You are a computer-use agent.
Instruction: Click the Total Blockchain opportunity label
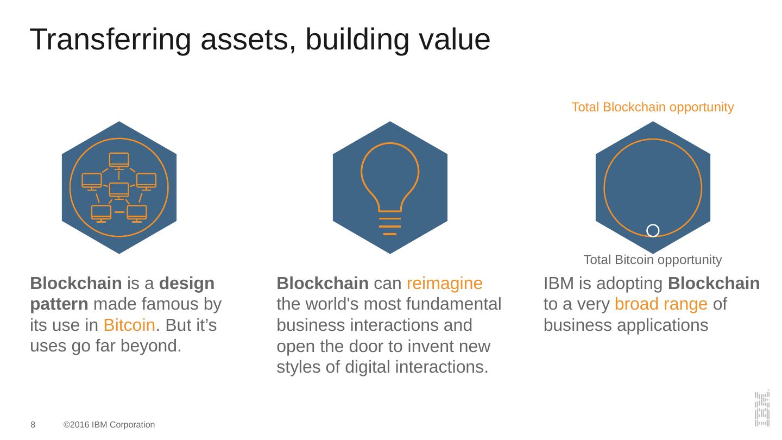[652, 108]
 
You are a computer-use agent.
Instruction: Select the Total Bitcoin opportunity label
[652, 260]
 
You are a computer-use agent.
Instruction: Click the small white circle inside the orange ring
[653, 230]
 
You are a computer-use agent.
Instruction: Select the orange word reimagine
[444, 284]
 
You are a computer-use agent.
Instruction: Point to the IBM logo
[762, 408]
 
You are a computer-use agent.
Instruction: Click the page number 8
[33, 425]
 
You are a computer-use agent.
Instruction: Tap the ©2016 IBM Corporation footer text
[109, 425]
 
